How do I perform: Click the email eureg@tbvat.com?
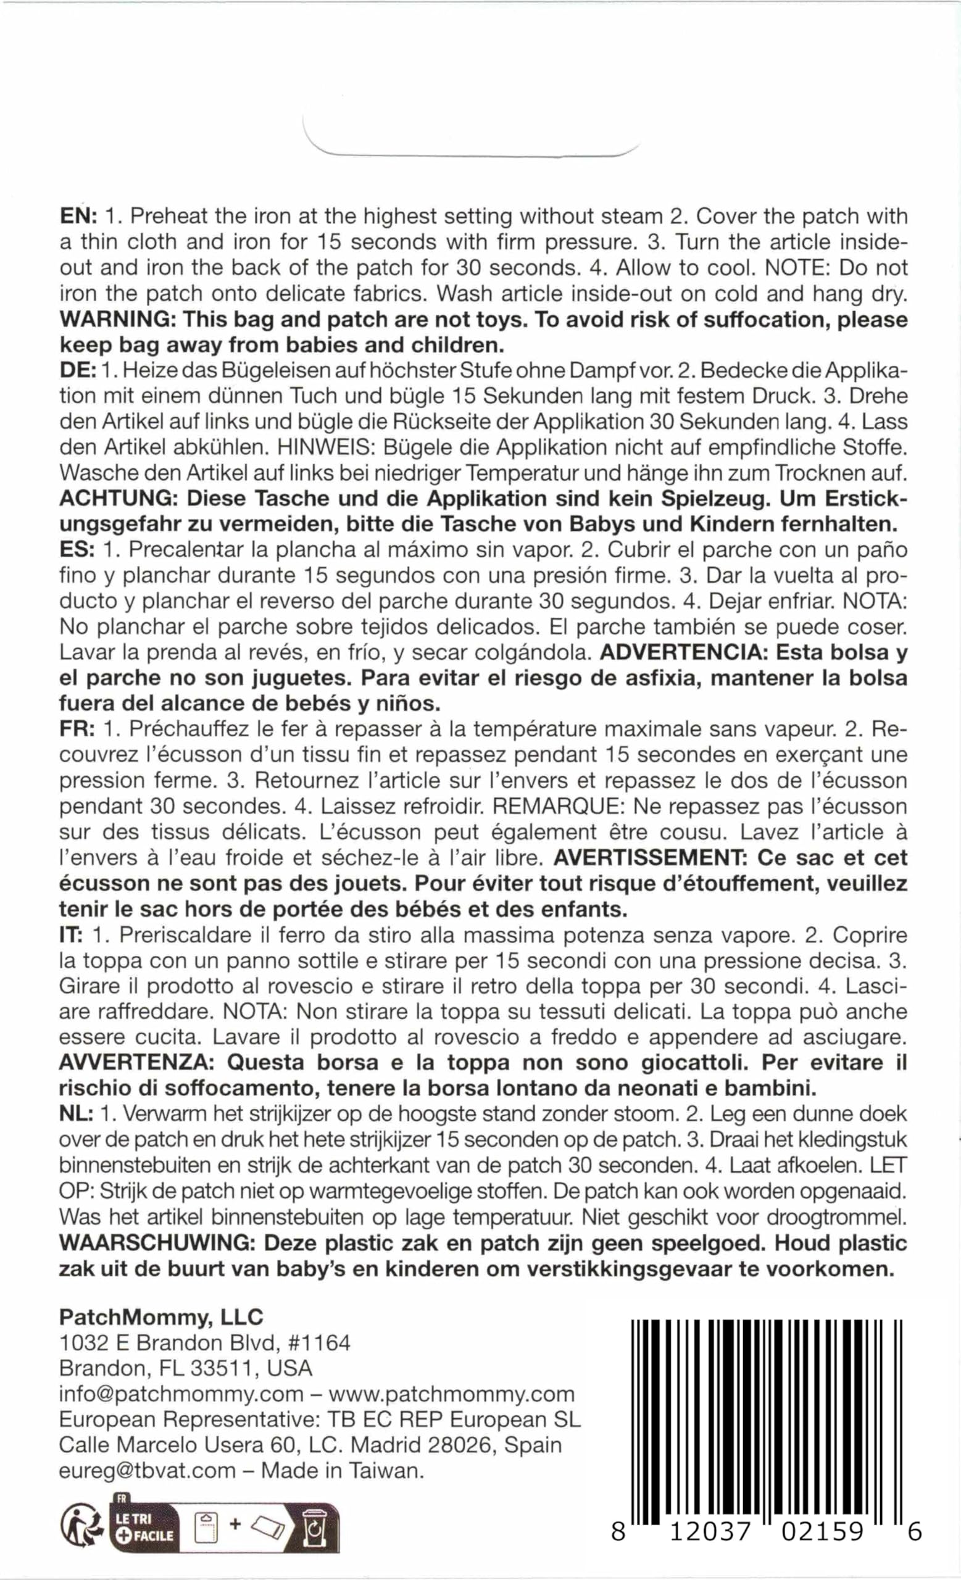(x=148, y=1471)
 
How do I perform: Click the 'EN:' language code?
(x=78, y=217)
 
